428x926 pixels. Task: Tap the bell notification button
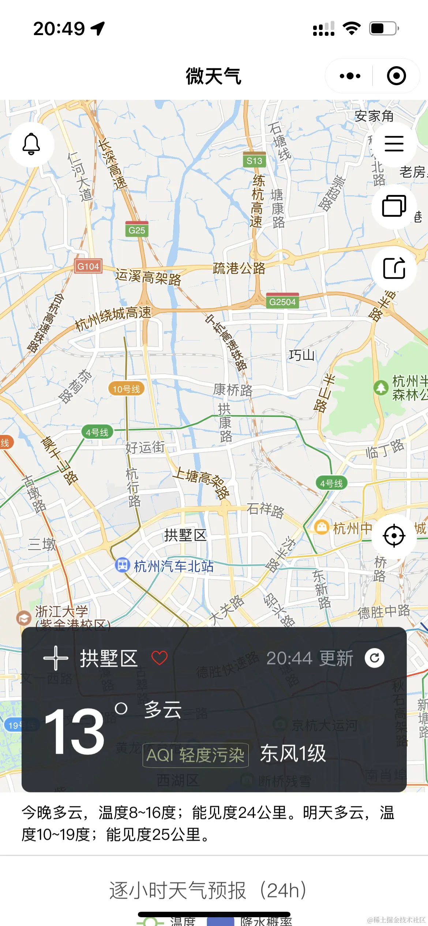[31, 144]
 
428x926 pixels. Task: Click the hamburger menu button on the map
[394, 143]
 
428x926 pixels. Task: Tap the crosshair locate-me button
[394, 536]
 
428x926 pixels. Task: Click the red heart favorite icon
[159, 658]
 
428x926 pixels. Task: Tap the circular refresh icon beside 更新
[374, 658]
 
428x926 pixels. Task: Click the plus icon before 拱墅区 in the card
[56, 658]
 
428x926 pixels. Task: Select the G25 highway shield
[137, 229]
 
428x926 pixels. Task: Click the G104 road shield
[88, 266]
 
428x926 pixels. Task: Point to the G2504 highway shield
[282, 301]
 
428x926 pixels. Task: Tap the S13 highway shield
[254, 160]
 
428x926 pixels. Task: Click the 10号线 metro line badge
[126, 389]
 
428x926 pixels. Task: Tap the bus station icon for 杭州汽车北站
[122, 565]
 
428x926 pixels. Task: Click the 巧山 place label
[301, 355]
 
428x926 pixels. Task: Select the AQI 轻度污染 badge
[195, 755]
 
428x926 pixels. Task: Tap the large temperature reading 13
[75, 731]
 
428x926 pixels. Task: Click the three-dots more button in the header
[350, 76]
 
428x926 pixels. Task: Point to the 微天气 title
[214, 76]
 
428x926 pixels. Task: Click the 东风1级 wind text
[293, 754]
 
